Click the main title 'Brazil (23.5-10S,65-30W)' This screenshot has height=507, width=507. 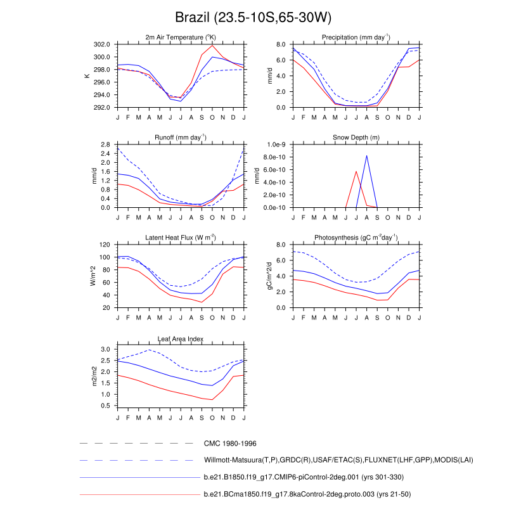pyautogui.click(x=253, y=17)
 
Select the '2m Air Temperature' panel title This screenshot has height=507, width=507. pyautogui.click(x=181, y=37)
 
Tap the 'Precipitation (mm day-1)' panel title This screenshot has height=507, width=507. pyautogui.click(x=356, y=37)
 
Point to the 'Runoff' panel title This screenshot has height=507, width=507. pyautogui.click(x=181, y=138)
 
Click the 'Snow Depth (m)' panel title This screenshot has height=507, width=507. pyautogui.click(x=356, y=138)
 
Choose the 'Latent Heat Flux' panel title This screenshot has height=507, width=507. pyautogui.click(x=181, y=238)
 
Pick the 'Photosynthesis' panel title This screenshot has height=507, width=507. pyautogui.click(x=356, y=238)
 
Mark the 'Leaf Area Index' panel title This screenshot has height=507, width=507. pyautogui.click(x=181, y=338)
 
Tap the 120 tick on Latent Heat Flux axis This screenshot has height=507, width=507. pyautogui.click(x=106, y=245)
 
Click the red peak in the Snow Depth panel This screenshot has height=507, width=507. pyautogui.click(x=356, y=172)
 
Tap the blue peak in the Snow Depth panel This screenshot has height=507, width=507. pyautogui.click(x=366, y=155)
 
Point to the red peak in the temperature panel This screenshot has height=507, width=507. pyautogui.click(x=213, y=46)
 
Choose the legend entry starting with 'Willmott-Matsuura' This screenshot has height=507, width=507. pyautogui.click(x=338, y=459)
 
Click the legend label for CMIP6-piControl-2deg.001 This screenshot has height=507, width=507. pyautogui.click(x=304, y=477)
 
